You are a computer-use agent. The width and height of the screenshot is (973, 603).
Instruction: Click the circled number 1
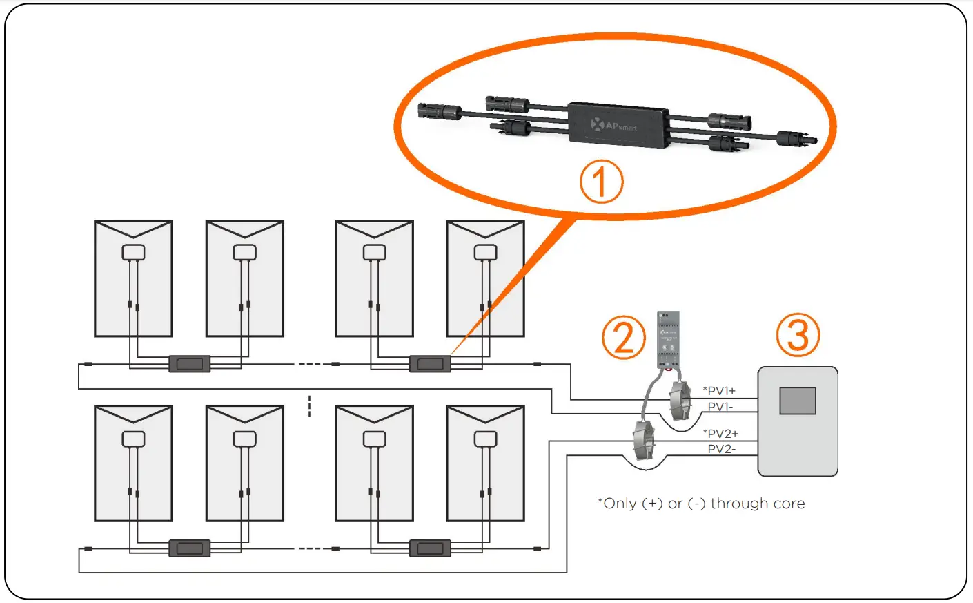pyautogui.click(x=600, y=182)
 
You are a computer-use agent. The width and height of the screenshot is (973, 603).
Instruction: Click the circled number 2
pyautogui.click(x=623, y=338)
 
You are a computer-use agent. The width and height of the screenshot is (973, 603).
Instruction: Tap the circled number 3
pyautogui.click(x=798, y=335)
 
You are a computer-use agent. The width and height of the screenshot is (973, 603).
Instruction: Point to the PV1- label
pyautogui.click(x=720, y=407)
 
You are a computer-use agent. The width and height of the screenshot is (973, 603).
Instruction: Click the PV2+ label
pyautogui.click(x=722, y=434)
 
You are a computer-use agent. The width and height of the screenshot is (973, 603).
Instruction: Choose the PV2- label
pyautogui.click(x=721, y=449)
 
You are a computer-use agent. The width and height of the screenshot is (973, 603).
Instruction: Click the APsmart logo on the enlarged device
pyautogui.click(x=613, y=126)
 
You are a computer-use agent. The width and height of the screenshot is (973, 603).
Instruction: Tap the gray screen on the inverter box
pyautogui.click(x=797, y=401)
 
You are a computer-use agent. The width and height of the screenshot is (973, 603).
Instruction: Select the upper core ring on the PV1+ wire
pyautogui.click(x=679, y=400)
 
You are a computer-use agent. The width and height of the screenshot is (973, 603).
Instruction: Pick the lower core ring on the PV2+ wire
pyautogui.click(x=643, y=442)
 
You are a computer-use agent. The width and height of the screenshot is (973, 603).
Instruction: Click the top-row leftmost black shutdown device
pyautogui.click(x=189, y=363)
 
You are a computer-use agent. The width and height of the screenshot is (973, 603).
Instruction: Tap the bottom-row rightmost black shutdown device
pyautogui.click(x=430, y=548)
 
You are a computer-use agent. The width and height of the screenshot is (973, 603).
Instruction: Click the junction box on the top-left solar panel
pyautogui.click(x=133, y=252)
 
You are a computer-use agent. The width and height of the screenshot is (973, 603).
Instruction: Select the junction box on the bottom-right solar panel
pyautogui.click(x=485, y=439)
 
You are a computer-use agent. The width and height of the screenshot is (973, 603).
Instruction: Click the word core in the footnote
pyautogui.click(x=789, y=504)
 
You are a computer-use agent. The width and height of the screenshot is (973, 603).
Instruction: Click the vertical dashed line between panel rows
pyautogui.click(x=309, y=406)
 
